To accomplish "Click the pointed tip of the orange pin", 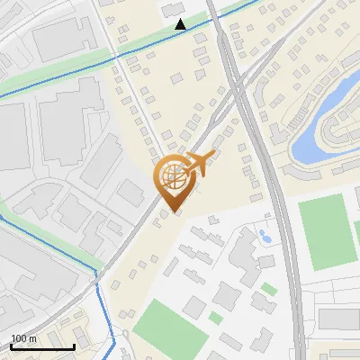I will [x=174, y=211].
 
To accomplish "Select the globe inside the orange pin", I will [x=174, y=177].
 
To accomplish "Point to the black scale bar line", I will [x=42, y=346].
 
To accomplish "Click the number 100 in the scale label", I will [x=19, y=338].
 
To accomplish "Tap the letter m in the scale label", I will [x=32, y=338].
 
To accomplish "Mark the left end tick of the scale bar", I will [x=12, y=345].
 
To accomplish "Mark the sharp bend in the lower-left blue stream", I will [x=97, y=274].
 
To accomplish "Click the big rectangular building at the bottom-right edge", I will [x=338, y=319].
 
